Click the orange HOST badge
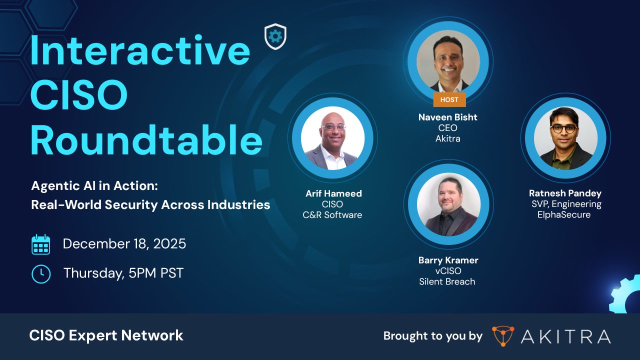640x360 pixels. coord(449,99)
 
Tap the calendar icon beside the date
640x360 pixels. coord(41,244)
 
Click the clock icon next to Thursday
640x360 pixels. coord(41,273)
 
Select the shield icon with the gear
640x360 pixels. coord(275,36)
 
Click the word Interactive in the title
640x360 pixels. coord(140,51)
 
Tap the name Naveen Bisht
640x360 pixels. coord(448,117)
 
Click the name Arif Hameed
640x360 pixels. coord(333,193)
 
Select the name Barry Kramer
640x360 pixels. coord(448,260)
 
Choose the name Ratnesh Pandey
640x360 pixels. coord(565,193)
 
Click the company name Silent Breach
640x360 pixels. coord(447,281)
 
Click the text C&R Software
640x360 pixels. coord(332,215)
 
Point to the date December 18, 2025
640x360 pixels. coord(124,244)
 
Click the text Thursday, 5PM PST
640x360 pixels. coord(123,273)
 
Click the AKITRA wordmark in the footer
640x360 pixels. coord(565,336)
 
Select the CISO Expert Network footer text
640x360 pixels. coord(106,335)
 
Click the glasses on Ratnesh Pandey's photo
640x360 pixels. coord(564,128)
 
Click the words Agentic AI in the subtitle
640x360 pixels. coord(64,186)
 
